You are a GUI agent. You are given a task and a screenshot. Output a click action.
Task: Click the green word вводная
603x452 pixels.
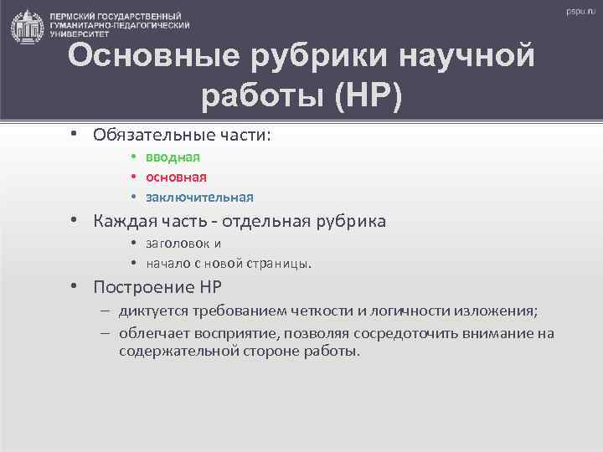point(172,157)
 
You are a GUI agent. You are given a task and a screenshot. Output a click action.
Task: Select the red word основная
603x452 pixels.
point(176,177)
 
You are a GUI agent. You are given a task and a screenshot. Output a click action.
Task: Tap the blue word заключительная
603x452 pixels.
point(199,198)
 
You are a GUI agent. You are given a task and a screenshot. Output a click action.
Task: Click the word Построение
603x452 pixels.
point(143,287)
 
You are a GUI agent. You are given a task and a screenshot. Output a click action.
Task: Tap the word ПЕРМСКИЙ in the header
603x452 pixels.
point(75,16)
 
